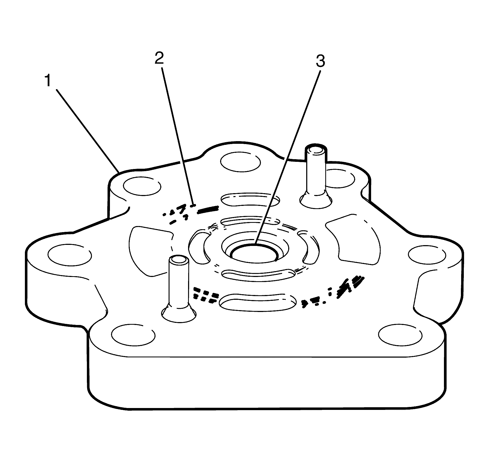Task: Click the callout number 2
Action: point(159,59)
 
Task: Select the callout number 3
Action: point(320,62)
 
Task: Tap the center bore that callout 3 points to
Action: point(254,254)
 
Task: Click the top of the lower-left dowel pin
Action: point(179,260)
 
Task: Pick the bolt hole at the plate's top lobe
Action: point(240,162)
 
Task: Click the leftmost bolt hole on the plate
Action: point(70,255)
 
